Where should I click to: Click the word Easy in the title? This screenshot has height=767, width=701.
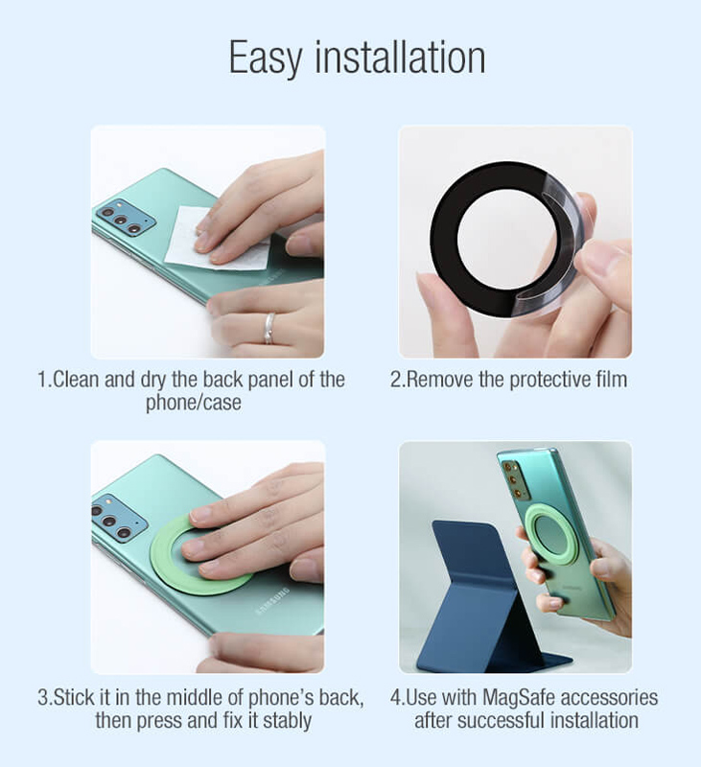click(265, 58)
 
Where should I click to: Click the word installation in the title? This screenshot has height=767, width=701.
click(400, 57)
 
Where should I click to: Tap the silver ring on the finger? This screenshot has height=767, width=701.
click(270, 328)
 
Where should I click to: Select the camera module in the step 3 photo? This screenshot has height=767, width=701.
click(118, 520)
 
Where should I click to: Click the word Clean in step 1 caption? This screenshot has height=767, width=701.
click(76, 380)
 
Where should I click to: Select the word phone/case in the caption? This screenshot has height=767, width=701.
click(193, 403)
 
